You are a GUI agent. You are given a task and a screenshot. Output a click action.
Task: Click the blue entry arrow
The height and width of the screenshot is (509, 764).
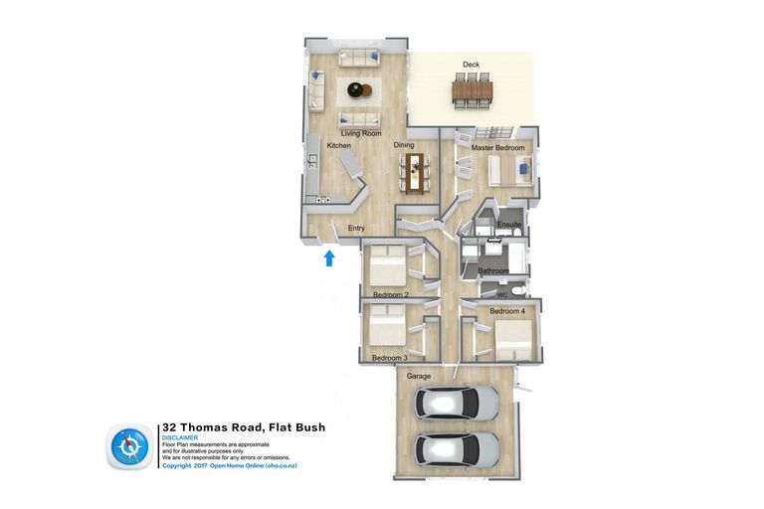click(x=329, y=259)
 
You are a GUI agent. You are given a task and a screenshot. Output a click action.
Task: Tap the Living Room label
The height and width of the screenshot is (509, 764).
click(x=361, y=133)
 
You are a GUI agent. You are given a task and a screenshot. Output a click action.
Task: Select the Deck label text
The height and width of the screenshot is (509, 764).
click(x=471, y=66)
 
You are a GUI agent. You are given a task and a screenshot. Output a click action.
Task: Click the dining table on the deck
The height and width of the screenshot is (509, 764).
click(x=472, y=92)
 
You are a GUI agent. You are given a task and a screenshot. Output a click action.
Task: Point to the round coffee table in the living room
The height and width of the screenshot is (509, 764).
click(x=357, y=91)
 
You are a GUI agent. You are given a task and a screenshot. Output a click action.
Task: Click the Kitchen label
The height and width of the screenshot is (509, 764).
click(x=339, y=146)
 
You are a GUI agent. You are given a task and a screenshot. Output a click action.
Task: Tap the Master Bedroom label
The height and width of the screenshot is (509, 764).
click(x=496, y=147)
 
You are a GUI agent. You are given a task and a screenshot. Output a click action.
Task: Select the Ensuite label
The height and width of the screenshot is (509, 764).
click(x=509, y=225)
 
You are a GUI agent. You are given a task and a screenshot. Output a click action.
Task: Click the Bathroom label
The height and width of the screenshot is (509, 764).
click(x=493, y=270)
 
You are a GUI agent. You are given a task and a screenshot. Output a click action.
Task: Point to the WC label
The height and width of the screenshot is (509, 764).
click(x=501, y=294)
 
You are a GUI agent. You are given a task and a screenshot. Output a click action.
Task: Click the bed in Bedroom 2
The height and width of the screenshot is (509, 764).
click(x=386, y=266)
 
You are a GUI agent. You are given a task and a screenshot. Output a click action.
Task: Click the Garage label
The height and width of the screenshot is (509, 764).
click(x=418, y=376)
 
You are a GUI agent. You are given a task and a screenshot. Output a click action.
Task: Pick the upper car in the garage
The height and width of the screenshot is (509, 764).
click(x=458, y=403)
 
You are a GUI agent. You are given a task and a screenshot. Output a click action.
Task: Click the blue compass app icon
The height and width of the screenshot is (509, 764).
click(x=130, y=447)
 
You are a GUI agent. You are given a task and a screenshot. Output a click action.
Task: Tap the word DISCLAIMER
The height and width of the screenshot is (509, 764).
click(x=180, y=437)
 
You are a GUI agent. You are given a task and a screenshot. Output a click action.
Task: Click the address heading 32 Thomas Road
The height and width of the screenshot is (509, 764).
click(x=243, y=427)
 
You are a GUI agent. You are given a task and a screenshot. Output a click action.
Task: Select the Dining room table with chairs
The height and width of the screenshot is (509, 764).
click(x=414, y=171)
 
